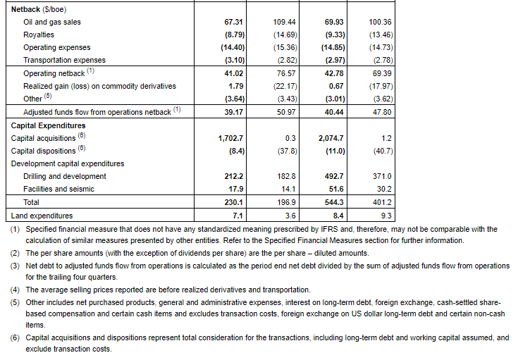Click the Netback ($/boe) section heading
click(36, 8)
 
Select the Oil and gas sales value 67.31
click(233, 22)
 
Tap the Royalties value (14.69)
click(285, 35)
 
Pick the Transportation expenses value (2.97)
click(334, 60)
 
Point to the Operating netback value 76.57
click(285, 73)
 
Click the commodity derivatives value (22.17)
click(285, 86)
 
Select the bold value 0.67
click(337, 86)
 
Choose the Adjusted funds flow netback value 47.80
click(381, 112)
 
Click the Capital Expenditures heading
click(48, 125)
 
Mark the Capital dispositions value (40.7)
click(381, 151)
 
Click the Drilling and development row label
click(64, 176)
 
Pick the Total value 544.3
click(334, 202)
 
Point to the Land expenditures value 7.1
click(237, 216)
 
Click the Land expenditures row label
click(42, 216)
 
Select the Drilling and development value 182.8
click(285, 176)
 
